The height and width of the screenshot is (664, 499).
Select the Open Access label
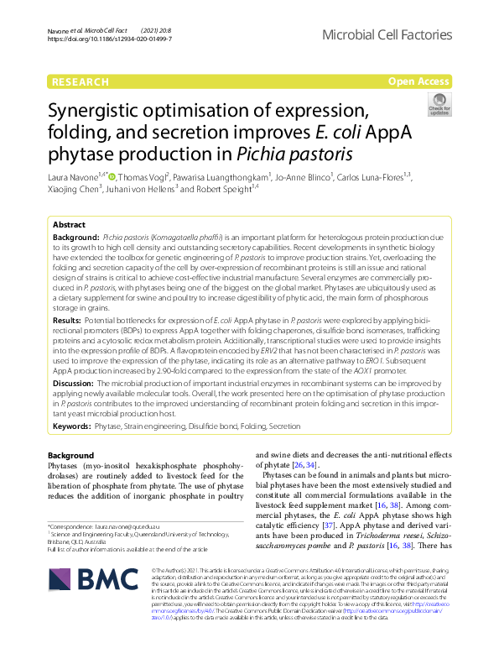click(418, 81)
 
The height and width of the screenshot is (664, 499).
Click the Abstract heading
click(69, 225)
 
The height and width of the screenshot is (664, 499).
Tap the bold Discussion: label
click(73, 383)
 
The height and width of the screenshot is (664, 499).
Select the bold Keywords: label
click(72, 426)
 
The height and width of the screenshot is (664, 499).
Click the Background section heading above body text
click(71, 455)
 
